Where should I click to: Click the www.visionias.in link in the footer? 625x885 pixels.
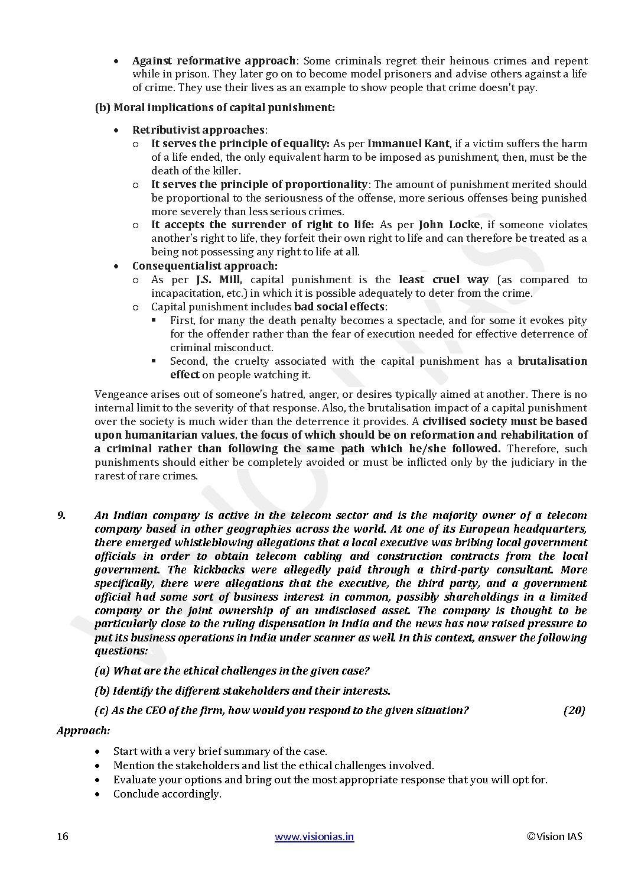tap(314, 836)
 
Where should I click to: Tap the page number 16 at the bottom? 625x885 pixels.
tap(63, 836)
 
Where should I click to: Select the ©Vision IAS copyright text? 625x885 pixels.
tap(554, 836)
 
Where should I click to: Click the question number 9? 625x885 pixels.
tap(61, 516)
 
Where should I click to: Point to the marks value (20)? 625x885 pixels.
tap(574, 710)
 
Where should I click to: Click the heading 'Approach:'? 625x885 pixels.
tap(83, 730)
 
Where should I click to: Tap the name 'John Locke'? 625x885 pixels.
tap(449, 225)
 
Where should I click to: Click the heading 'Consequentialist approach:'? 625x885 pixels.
tap(204, 266)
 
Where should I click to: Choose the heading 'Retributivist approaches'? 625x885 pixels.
tap(198, 129)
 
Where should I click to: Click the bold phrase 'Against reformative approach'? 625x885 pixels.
tap(213, 61)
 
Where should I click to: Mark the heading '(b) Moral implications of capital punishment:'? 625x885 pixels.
tap(214, 108)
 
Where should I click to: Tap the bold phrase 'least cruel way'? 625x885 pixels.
tap(444, 280)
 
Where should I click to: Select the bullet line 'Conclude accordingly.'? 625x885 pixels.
tap(167, 794)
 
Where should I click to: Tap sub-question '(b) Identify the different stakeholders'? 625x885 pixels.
tap(242, 691)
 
